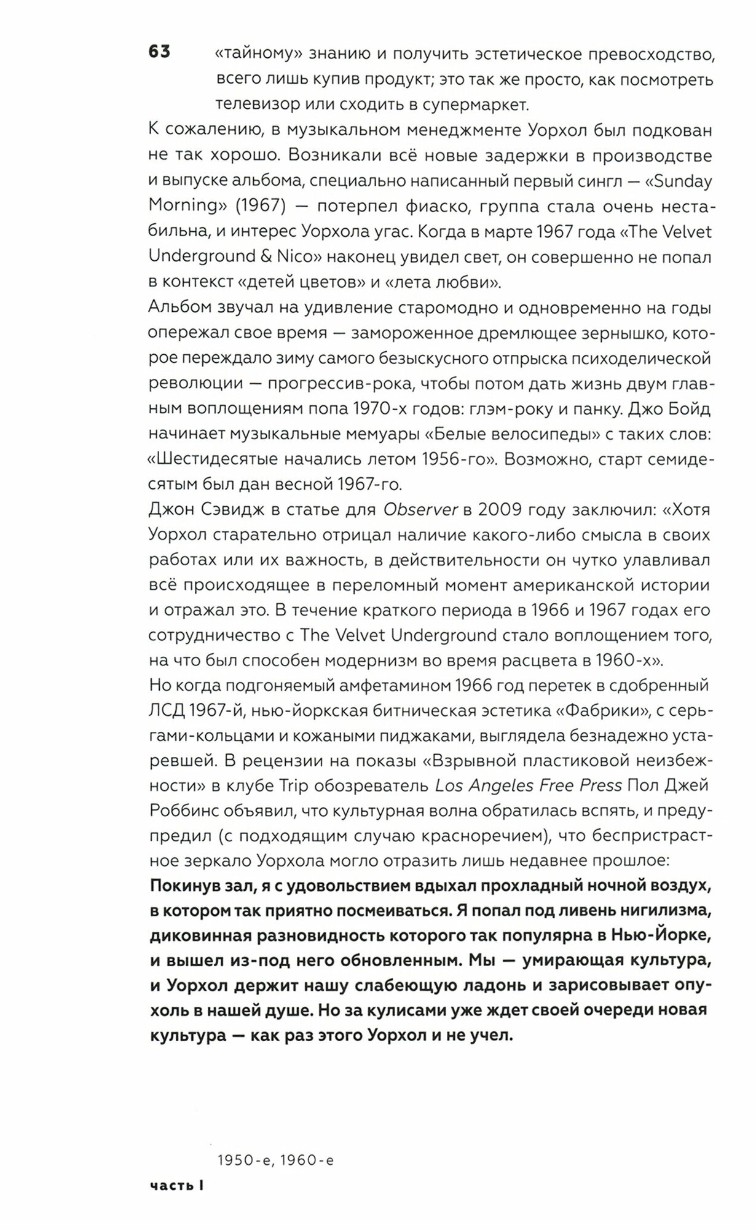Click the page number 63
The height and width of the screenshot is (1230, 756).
click(159, 52)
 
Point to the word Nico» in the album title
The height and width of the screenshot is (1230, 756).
click(289, 256)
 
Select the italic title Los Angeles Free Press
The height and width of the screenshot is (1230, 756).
click(529, 785)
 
